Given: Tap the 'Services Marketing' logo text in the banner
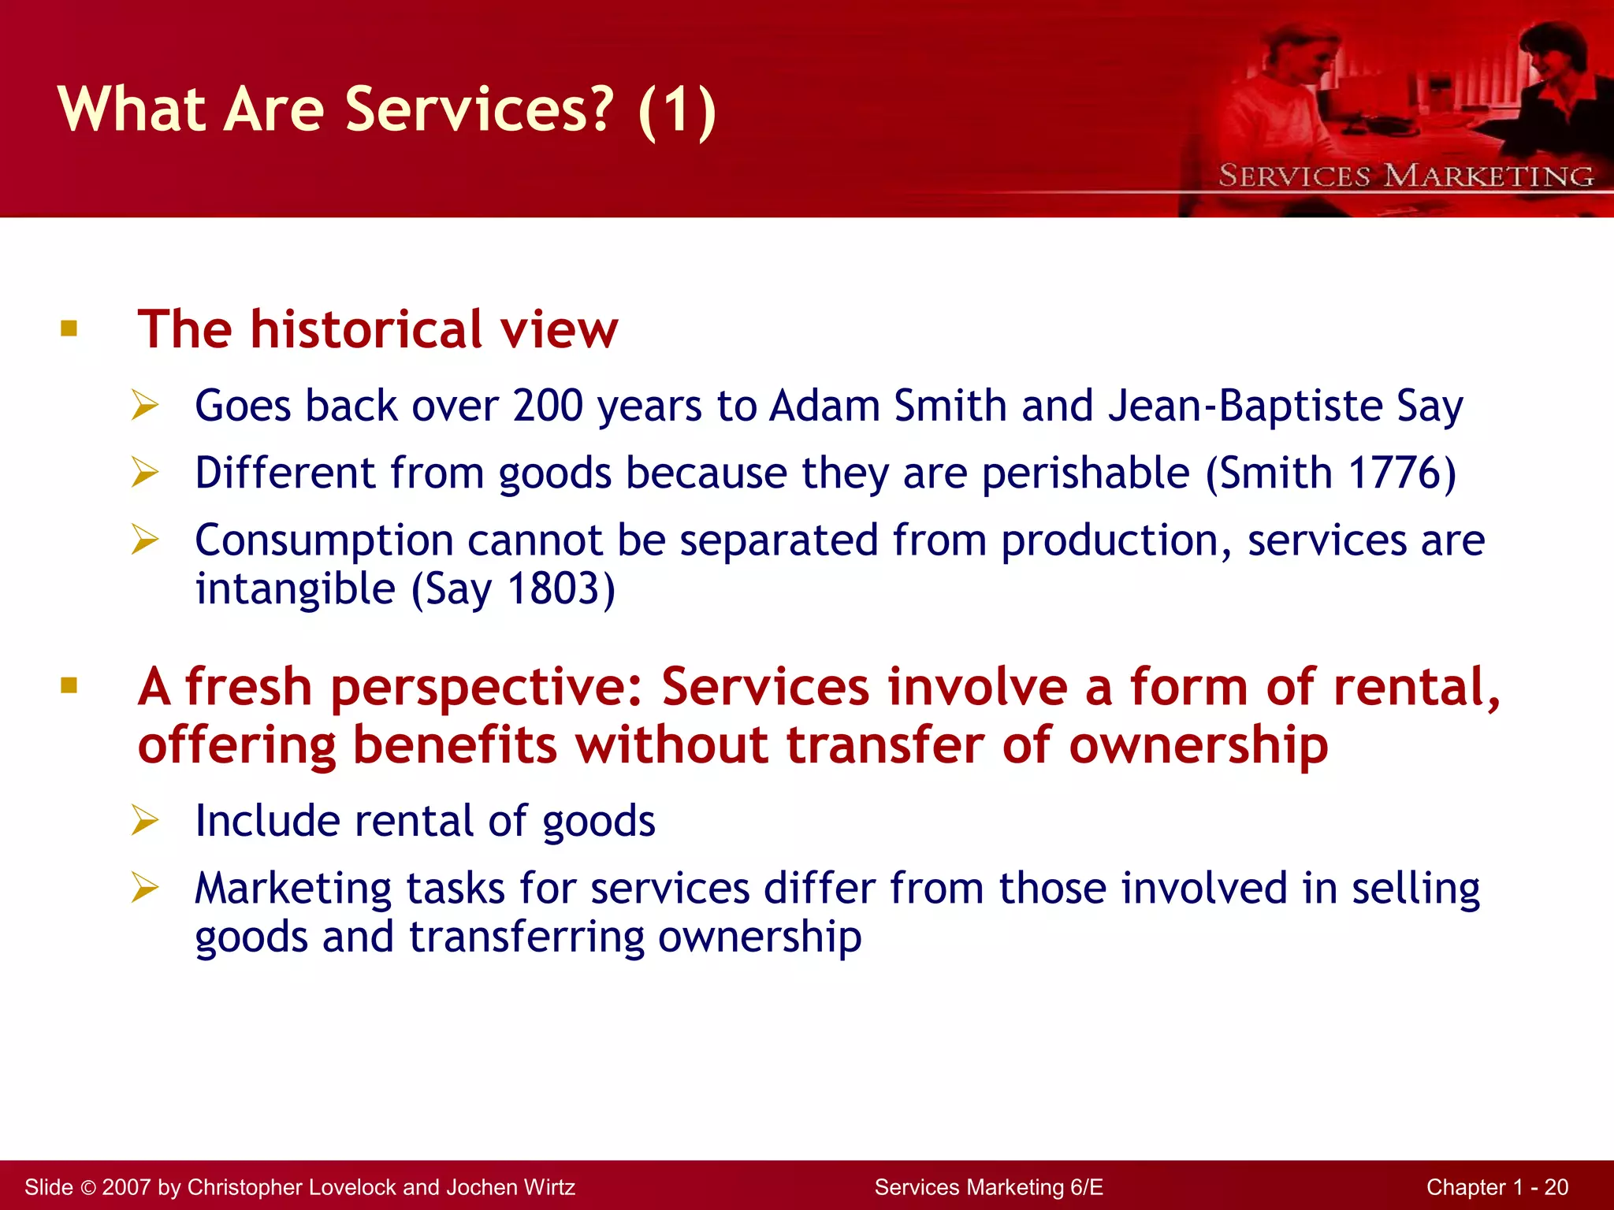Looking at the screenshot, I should point(1405,176).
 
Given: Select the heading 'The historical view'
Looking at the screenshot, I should point(377,328).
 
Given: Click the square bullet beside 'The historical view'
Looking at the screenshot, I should point(69,328).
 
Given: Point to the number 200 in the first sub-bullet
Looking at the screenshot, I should point(548,406).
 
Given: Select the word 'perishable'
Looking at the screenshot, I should point(1085,473).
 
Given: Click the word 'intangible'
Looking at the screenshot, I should point(295,588).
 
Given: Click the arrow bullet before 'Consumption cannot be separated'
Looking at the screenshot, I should point(146,540).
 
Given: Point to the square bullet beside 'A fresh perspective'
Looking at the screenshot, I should point(69,685).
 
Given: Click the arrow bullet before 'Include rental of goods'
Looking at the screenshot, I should point(146,820).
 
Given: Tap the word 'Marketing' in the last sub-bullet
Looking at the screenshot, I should point(293,888).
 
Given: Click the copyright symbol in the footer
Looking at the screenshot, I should point(87,1187).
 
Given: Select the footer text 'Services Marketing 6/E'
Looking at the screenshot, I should point(988,1187).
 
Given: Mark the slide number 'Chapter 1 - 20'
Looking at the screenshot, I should point(1497,1187).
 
